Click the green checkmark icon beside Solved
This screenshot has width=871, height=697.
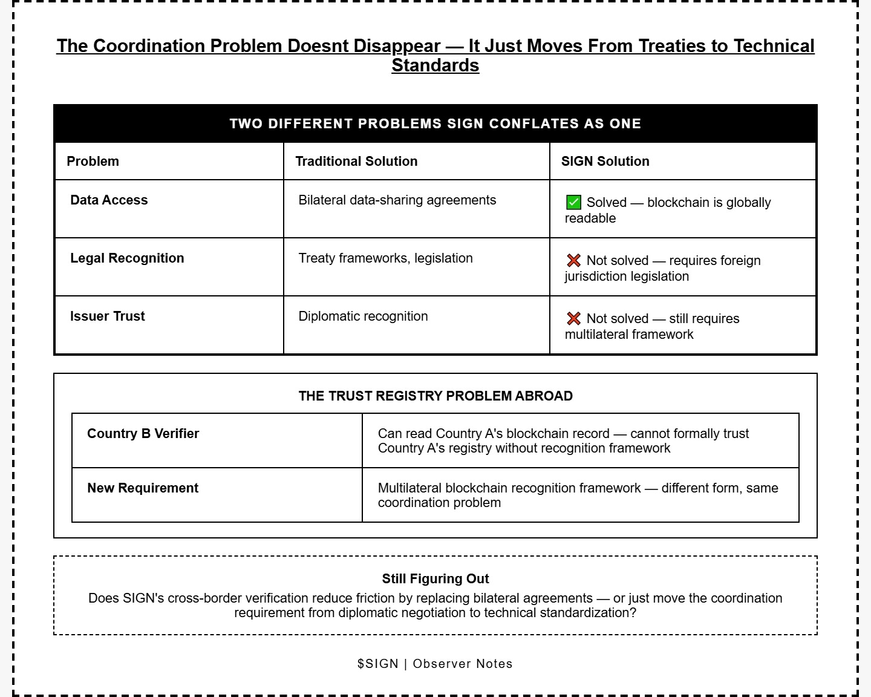[x=573, y=203]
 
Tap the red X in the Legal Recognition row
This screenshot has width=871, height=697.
[x=573, y=261]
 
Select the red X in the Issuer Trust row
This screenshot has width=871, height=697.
[x=573, y=319]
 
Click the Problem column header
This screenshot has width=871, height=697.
[x=93, y=162]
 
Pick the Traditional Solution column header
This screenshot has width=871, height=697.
[x=356, y=162]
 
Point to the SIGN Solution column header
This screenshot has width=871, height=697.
[x=605, y=162]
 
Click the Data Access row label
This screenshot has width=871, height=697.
[x=109, y=200]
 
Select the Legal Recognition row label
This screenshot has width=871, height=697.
[x=127, y=258]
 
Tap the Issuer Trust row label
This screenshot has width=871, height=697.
[x=107, y=316]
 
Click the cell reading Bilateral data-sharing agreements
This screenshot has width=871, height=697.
[x=397, y=200]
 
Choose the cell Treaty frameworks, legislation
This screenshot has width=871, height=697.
[x=385, y=258]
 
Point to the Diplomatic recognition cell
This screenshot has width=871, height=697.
[x=363, y=316]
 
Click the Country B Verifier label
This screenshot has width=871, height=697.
[x=143, y=434]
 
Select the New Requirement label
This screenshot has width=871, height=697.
[x=143, y=488]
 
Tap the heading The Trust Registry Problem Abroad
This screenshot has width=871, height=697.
[x=435, y=396]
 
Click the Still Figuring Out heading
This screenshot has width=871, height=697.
[x=435, y=579]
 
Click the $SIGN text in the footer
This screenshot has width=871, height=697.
[x=377, y=664]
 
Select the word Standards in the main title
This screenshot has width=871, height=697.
[x=435, y=65]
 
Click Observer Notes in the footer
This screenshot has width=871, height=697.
[x=463, y=664]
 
